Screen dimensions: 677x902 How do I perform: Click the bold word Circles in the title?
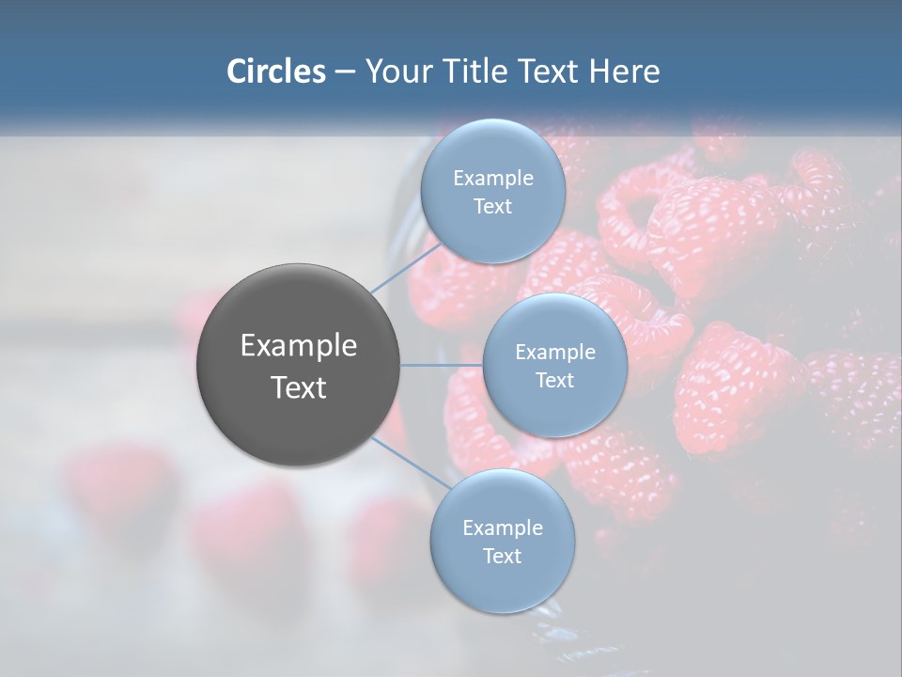point(275,71)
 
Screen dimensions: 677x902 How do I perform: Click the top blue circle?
point(493,150)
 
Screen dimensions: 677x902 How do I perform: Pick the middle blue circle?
point(554,414)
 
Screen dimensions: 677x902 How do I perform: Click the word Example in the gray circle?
point(299,346)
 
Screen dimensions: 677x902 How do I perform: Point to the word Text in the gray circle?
point(299,387)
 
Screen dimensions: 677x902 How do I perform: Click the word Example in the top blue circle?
point(493,179)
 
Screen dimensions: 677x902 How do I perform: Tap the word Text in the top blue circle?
point(493,207)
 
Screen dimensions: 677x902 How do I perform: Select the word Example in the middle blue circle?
point(554,353)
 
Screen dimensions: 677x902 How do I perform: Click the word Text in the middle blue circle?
point(554,381)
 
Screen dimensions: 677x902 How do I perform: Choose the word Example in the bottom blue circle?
point(502,528)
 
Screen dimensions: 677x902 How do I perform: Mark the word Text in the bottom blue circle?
point(502,557)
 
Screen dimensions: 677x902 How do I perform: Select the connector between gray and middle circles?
point(442,365)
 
